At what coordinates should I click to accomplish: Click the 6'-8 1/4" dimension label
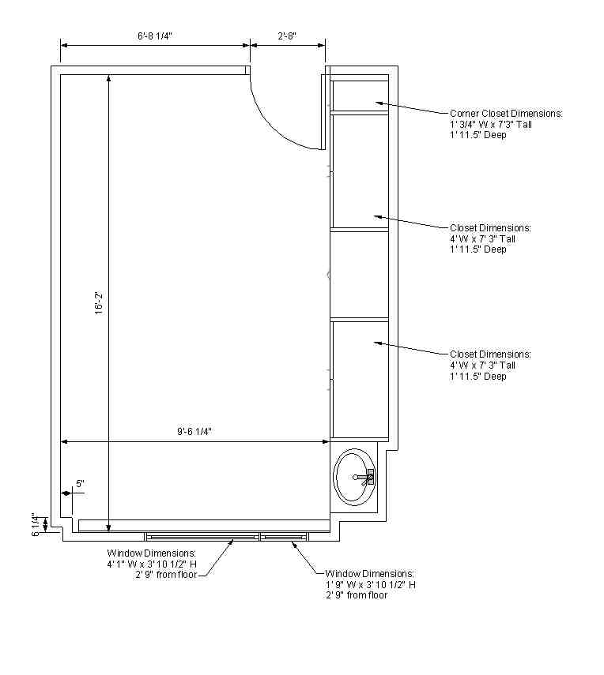tap(155, 36)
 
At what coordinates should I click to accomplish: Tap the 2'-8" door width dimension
tap(287, 36)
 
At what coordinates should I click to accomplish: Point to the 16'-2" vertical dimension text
tap(99, 303)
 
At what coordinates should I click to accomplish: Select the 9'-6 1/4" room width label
tap(194, 431)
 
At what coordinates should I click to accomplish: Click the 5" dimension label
tap(80, 483)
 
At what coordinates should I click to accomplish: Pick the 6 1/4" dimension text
tap(36, 524)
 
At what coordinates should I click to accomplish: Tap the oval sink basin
tap(355, 477)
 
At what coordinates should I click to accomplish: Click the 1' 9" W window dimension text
tap(350, 584)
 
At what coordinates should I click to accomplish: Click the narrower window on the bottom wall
tap(284, 536)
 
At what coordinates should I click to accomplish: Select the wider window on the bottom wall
tap(202, 536)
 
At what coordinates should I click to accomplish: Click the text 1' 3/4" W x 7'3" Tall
tap(491, 125)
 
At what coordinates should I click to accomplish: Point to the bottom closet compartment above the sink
tap(360, 379)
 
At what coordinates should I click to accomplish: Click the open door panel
tap(323, 112)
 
